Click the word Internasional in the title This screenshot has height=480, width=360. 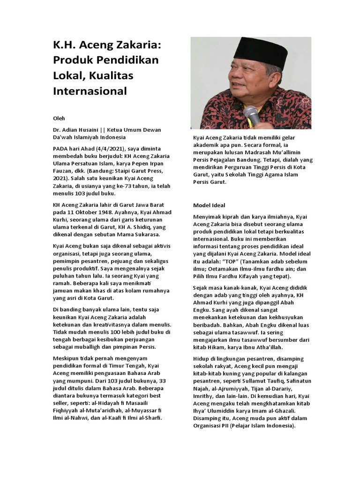pos(90,91)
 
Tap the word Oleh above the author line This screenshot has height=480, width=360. pos(59,119)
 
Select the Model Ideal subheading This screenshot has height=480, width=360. pos(209,205)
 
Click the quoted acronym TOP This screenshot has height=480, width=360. pos(230,261)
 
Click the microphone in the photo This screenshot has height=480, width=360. pos(252,115)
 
